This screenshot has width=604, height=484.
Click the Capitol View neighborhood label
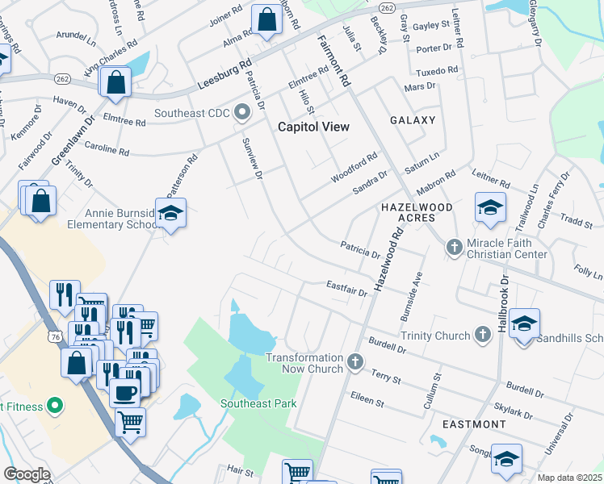coord(313,127)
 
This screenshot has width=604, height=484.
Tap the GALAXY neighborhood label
coord(413,120)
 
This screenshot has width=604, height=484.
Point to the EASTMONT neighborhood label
coord(476,423)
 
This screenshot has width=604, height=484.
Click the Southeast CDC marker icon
coord(241,114)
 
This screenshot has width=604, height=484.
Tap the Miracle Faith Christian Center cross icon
coord(454,246)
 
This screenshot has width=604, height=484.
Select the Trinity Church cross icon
coord(483,334)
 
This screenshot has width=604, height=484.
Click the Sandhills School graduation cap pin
coord(524,325)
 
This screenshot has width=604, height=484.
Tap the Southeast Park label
coord(261,403)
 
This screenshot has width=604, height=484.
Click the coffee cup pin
coord(124,392)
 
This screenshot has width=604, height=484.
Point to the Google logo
coord(27,474)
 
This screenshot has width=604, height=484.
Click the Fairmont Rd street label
coord(333,60)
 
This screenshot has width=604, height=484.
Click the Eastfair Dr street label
coord(347,286)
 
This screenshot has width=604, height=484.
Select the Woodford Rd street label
coord(354,169)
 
